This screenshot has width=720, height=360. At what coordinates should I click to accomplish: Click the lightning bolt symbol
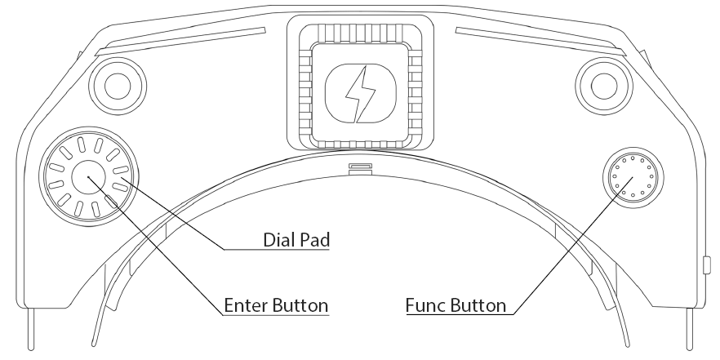[361, 95]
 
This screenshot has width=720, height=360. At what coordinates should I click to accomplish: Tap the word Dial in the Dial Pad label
[278, 240]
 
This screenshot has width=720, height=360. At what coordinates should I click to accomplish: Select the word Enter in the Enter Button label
[245, 305]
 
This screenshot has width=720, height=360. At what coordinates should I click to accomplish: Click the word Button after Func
[478, 305]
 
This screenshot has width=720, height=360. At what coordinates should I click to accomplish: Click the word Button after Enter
[300, 305]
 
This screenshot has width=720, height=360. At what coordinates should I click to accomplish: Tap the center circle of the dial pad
[89, 177]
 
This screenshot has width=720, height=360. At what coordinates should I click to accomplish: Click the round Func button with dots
[633, 177]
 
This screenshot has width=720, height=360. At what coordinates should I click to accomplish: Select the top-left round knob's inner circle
[118, 86]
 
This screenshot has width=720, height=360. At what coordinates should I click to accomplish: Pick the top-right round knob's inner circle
[604, 86]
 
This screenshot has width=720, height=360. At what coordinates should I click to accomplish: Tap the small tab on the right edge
[707, 265]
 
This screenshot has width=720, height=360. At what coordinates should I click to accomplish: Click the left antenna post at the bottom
[31, 329]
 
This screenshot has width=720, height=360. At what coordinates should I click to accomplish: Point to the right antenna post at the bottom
[689, 329]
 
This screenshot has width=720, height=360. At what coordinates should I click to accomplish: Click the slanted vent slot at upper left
[180, 42]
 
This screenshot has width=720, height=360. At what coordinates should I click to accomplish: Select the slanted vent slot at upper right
[540, 42]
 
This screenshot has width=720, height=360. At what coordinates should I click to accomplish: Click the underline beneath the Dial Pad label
[277, 249]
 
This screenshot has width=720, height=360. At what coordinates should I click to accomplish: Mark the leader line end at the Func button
[633, 177]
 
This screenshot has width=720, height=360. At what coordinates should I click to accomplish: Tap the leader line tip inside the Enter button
[88, 177]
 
